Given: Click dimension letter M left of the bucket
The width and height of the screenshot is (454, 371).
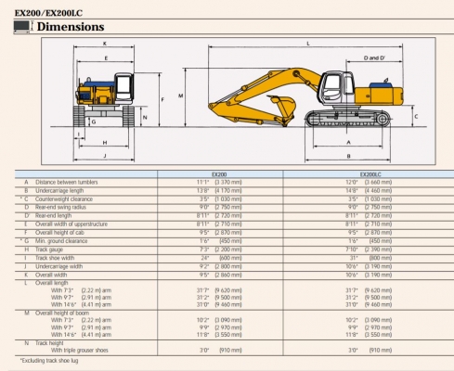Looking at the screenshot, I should [x=180, y=96].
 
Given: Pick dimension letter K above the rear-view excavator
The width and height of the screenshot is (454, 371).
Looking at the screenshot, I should [x=104, y=44].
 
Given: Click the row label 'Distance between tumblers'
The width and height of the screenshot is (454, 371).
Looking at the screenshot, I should [x=70, y=182].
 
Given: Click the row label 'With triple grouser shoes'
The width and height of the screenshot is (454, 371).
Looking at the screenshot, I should [x=84, y=350].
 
